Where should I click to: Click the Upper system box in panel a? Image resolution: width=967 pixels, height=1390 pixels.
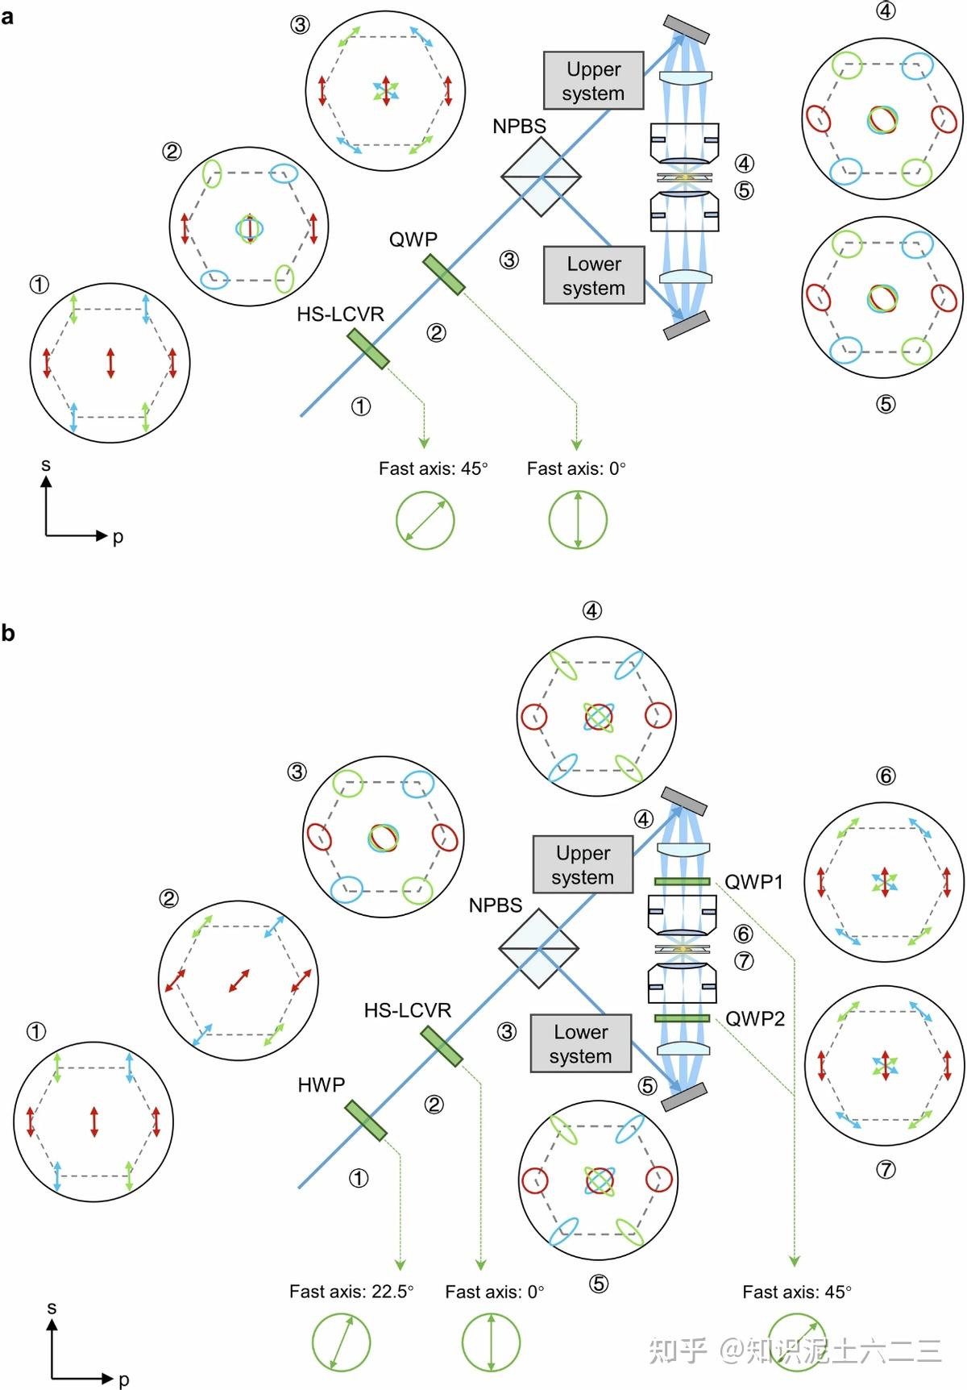[x=594, y=81]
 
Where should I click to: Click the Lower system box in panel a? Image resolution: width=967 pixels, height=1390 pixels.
[x=594, y=275]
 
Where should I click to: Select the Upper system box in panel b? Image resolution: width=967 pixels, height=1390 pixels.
[x=583, y=864]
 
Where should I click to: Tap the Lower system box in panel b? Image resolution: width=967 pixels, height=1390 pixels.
[x=580, y=1043]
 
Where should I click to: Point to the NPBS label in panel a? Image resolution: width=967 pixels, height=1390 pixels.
[x=519, y=127]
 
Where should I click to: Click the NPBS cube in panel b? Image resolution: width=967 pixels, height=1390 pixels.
[x=538, y=948]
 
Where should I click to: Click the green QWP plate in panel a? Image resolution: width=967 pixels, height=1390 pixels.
[x=444, y=274]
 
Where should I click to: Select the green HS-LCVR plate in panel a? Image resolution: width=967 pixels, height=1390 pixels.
[x=368, y=348]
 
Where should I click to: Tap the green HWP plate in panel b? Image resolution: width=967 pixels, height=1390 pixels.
[x=366, y=1121]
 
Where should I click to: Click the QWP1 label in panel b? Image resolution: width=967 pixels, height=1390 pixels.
[x=753, y=882]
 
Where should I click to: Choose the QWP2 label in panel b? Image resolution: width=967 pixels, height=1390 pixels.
[x=755, y=1019]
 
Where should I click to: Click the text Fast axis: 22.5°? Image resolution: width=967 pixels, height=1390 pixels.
[x=351, y=1292]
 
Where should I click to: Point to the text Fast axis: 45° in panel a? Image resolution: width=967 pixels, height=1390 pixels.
[x=434, y=468]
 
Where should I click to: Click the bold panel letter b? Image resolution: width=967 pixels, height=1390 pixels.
[x=8, y=634]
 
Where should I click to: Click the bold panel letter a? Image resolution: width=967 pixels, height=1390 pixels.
[x=7, y=16]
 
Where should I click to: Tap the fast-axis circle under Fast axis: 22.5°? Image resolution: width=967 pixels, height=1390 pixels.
[x=341, y=1343]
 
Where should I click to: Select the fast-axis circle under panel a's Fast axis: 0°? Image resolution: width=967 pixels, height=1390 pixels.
[x=578, y=520]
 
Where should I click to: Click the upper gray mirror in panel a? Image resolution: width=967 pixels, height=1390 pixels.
[x=687, y=29]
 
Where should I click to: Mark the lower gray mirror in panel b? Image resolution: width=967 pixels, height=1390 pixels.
[x=684, y=1097]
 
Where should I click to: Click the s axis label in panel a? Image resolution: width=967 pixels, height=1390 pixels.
[x=46, y=465]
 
